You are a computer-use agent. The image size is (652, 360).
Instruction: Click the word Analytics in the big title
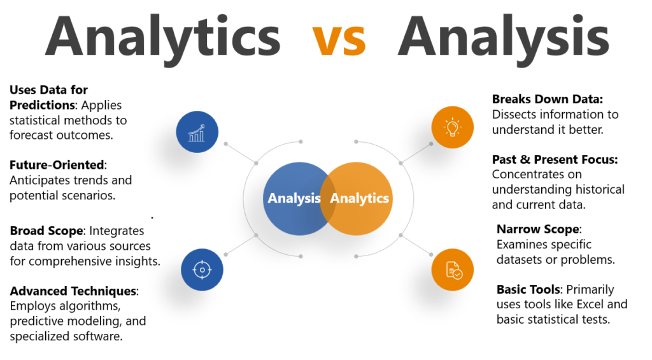click(162, 37)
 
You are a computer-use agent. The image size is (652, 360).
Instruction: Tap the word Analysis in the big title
click(503, 37)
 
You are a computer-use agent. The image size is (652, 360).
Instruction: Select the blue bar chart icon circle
click(197, 132)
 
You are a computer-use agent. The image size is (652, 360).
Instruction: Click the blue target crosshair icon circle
click(202, 270)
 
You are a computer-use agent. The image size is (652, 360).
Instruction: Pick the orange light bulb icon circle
click(453, 127)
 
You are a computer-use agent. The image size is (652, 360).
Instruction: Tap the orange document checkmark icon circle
click(453, 270)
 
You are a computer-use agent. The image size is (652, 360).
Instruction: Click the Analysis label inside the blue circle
click(294, 198)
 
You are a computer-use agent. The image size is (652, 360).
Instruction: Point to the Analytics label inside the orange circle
click(359, 198)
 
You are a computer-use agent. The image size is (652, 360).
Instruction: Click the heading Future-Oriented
click(57, 164)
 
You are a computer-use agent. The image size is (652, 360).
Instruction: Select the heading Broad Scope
click(46, 231)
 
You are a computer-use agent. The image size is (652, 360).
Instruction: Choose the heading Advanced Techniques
click(73, 291)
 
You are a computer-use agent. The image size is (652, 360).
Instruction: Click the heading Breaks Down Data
click(546, 99)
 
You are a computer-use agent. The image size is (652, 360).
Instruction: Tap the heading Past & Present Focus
click(555, 159)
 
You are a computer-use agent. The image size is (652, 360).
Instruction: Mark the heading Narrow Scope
click(538, 229)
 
